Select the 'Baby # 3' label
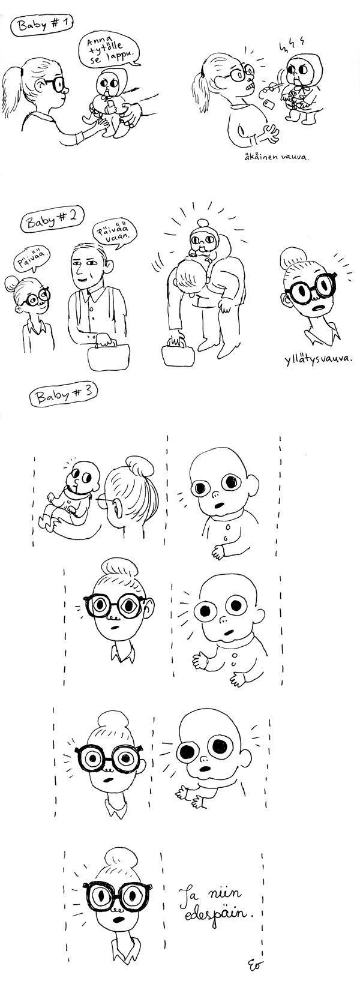point(62,397)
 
